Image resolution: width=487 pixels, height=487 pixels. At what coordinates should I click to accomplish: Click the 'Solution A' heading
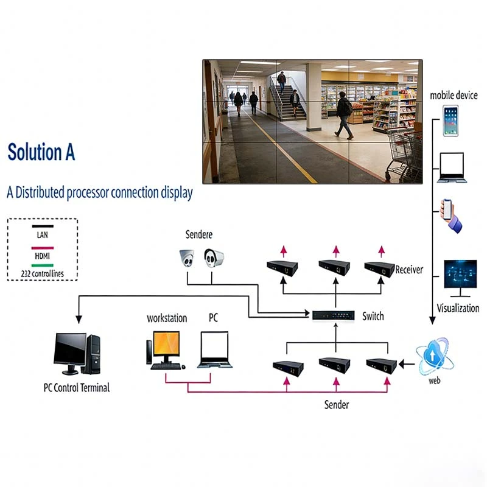(41, 152)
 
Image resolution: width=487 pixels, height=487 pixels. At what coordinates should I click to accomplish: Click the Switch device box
(334, 315)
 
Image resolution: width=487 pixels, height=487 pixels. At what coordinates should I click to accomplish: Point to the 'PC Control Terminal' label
(77, 387)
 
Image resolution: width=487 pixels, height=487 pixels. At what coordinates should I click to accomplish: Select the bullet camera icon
(214, 258)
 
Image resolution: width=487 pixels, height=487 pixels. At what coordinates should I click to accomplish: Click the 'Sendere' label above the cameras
(199, 235)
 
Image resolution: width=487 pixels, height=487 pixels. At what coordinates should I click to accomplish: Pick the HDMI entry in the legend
(42, 256)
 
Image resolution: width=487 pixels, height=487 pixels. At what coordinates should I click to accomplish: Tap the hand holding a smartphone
(450, 215)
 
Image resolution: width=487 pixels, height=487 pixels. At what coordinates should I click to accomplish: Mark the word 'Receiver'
(409, 270)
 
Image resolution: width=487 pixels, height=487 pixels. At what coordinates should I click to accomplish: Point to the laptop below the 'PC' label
(214, 350)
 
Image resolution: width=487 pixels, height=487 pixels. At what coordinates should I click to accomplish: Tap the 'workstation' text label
(167, 318)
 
